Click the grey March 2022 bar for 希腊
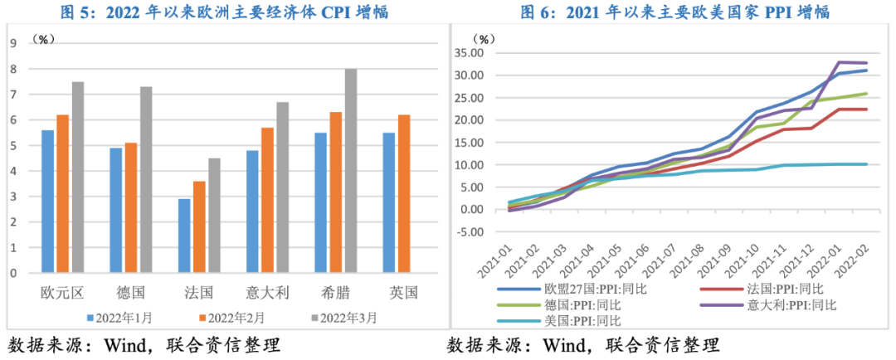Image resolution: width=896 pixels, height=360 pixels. coord(351,171)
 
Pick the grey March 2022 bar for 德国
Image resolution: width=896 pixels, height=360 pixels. coord(145,180)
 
